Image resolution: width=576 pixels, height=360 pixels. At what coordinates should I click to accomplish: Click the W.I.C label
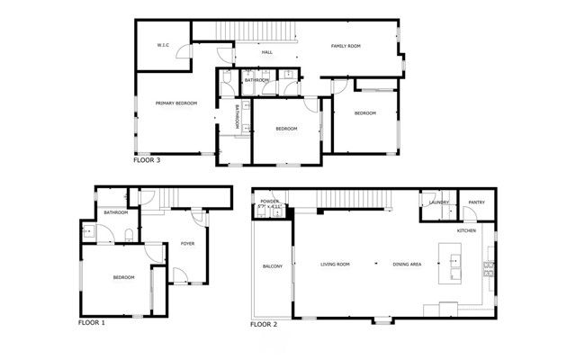(164, 44)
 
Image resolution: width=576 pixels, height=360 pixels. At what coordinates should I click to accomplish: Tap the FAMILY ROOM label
(346, 45)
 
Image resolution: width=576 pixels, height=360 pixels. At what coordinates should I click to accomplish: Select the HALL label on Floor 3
(267, 52)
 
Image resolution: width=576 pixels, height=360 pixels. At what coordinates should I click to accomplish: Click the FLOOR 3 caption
(147, 161)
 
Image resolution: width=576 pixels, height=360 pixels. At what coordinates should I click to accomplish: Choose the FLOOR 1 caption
(92, 321)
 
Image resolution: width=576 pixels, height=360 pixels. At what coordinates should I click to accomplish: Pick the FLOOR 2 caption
(264, 323)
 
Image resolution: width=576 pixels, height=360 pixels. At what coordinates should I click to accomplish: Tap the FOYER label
(188, 243)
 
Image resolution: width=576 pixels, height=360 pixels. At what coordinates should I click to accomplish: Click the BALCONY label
(273, 266)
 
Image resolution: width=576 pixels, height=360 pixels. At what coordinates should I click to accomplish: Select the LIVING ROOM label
(336, 264)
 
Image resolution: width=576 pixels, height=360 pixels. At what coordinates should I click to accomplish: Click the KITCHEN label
(466, 231)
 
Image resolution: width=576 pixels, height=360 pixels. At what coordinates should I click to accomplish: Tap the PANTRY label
(476, 202)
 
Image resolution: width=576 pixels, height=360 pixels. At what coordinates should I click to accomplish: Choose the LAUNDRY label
(439, 202)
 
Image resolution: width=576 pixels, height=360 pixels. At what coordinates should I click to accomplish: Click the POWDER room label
(270, 202)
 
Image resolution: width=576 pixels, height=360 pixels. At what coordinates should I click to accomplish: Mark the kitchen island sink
(455, 264)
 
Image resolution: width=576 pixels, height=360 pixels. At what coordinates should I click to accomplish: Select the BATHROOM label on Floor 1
(116, 212)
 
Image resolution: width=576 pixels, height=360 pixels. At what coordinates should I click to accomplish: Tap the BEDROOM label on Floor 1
(123, 277)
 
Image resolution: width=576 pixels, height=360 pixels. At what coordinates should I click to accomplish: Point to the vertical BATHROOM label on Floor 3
(237, 118)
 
